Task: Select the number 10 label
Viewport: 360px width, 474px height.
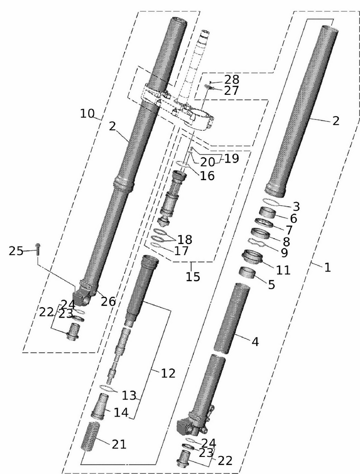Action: [87, 113]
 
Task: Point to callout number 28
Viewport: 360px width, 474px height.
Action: [232, 79]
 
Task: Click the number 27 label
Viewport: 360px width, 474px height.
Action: [232, 91]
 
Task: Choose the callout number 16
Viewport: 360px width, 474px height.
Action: [207, 176]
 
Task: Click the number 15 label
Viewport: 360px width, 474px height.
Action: [193, 276]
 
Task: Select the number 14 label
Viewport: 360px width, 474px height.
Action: [120, 412]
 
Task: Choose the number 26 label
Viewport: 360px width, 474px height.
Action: [109, 301]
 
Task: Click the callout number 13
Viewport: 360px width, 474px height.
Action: [129, 395]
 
